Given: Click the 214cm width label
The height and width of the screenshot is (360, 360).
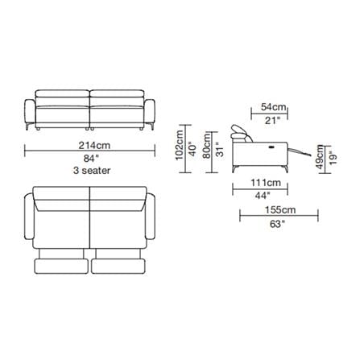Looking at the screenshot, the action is click(94, 145).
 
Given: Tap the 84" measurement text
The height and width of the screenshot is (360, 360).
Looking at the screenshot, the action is click(89, 159).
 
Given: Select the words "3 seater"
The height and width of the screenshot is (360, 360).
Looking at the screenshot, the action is click(92, 170).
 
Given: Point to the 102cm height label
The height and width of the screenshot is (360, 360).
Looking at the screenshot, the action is click(179, 145).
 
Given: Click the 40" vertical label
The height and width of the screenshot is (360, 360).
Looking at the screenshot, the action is click(192, 149).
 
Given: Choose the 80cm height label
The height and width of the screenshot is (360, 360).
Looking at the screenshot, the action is click(207, 146).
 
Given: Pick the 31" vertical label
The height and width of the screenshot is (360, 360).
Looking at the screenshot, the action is click(220, 149).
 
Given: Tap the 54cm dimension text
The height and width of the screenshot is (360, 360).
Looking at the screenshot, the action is click(274, 107).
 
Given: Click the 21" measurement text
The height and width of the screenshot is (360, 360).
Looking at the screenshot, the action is click(273, 121).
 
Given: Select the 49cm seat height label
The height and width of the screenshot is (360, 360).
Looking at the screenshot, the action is click(320, 157).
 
